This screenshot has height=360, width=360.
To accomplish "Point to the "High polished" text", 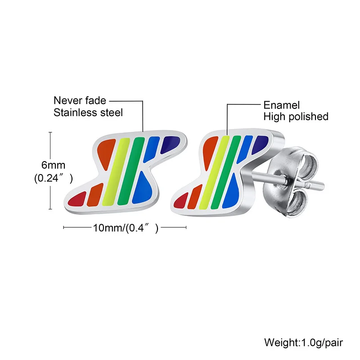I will click(x=296, y=117).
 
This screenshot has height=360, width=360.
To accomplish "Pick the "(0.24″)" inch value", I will click(x=54, y=178).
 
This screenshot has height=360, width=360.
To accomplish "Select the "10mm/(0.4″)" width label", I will click(x=126, y=228).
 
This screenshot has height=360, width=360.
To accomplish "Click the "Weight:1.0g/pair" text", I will click(x=303, y=342).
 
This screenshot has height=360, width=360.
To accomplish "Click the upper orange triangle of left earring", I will click(x=105, y=153).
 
